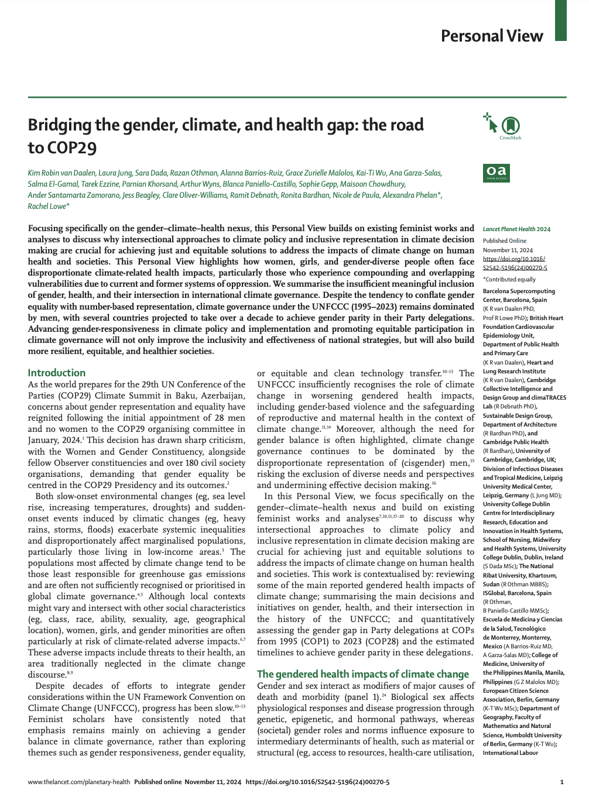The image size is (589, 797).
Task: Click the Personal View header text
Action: (x=492, y=36)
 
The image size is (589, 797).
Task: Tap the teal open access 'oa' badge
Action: (x=495, y=173)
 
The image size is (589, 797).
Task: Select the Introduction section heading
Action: (x=57, y=373)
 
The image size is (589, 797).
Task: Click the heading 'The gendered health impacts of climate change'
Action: (x=363, y=674)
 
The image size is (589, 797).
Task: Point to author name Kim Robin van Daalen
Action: (x=61, y=173)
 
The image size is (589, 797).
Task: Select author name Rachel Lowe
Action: (x=47, y=207)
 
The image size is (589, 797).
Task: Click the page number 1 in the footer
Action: (x=561, y=782)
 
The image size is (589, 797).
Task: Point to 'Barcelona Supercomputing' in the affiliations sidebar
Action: (x=519, y=291)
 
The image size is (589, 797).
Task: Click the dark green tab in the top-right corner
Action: (x=560, y=20)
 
